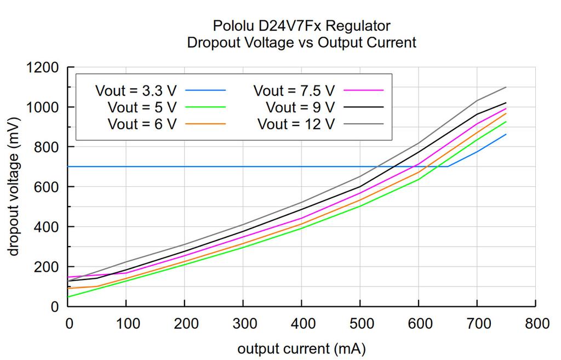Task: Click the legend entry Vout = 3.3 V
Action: pos(136,89)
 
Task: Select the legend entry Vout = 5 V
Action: pos(142,106)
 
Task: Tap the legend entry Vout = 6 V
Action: pos(142,123)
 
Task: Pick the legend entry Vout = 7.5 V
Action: pos(294,89)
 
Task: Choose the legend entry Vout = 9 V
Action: pos(300,106)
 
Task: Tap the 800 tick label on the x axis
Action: pos(535,324)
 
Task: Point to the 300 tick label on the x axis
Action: pos(243,324)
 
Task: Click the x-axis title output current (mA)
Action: pos(301,348)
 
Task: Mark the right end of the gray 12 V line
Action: pos(506,87)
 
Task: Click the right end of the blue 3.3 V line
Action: pos(506,134)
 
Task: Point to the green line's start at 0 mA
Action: pos(68,297)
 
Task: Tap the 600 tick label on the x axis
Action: pos(418,324)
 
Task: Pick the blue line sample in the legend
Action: pos(205,89)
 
